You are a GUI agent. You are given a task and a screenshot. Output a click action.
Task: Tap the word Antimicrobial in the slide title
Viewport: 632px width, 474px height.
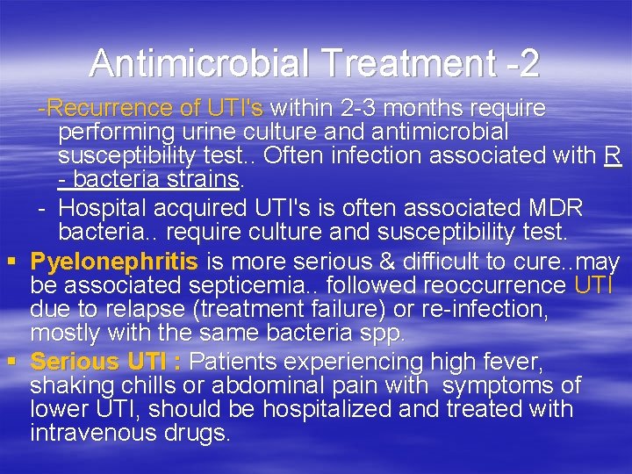pyautogui.click(x=199, y=63)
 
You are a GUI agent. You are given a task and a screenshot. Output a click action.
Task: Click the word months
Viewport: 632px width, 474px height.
pyautogui.click(x=425, y=109)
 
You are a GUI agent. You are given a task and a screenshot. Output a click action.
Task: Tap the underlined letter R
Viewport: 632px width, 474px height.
pyautogui.click(x=613, y=156)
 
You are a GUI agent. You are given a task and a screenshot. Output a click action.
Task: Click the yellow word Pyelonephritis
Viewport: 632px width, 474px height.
pyautogui.click(x=115, y=262)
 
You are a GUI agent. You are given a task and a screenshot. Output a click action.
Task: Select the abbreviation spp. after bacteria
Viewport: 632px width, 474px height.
pyautogui.click(x=383, y=333)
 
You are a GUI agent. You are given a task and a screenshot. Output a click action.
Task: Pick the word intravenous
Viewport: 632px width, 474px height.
pyautogui.click(x=97, y=433)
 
